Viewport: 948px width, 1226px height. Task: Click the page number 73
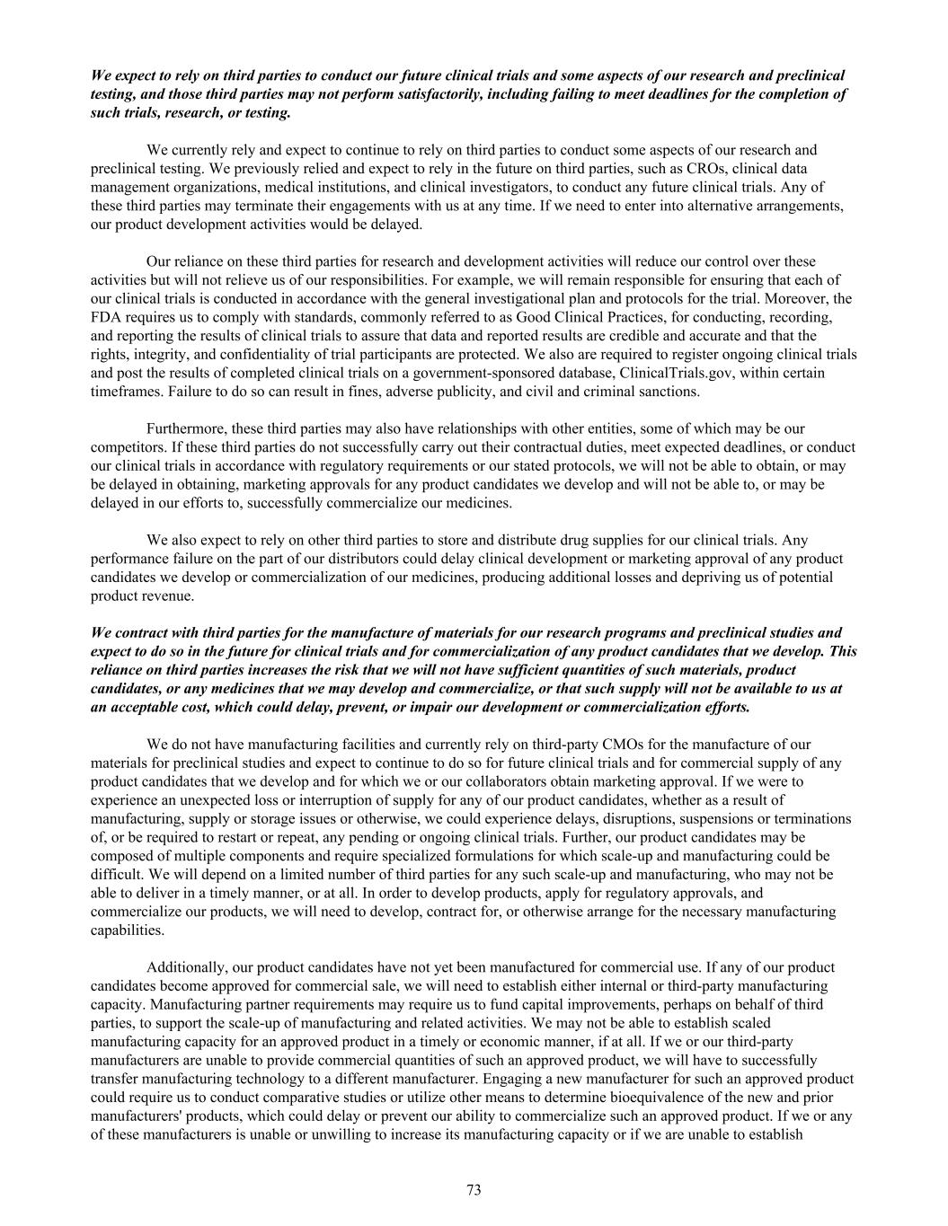point(474,1190)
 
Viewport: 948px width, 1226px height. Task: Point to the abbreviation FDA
point(106,317)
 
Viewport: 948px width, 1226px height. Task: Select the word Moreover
point(792,298)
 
